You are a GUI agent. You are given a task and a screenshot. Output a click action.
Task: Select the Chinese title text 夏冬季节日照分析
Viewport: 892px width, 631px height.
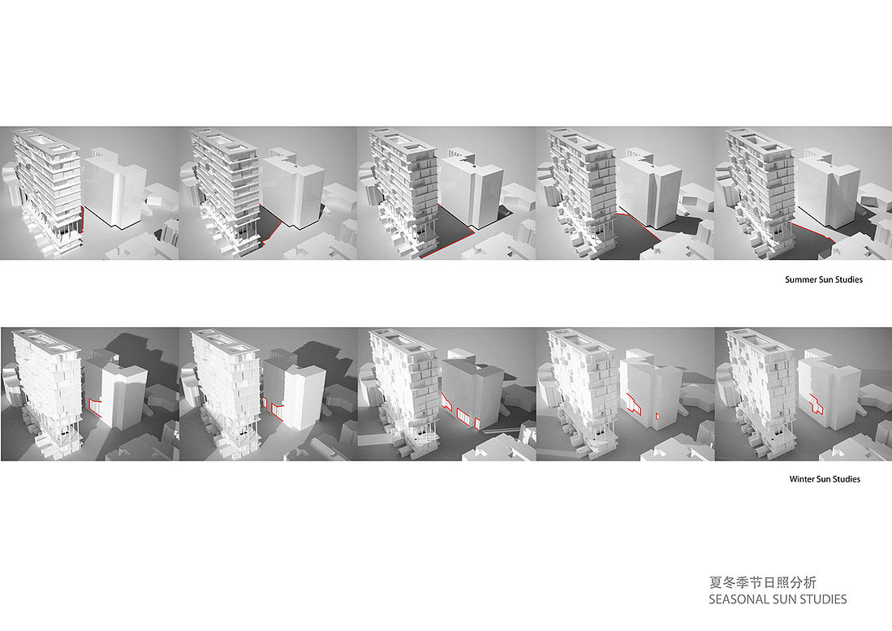(762, 582)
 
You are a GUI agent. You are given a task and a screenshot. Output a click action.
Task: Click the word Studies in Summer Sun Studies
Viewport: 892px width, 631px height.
(849, 280)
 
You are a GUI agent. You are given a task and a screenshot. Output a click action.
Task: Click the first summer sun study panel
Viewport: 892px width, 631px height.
(89, 193)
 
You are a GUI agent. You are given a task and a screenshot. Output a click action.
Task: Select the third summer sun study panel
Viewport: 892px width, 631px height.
(446, 193)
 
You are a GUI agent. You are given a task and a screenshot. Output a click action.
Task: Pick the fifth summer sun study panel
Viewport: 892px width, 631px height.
(803, 193)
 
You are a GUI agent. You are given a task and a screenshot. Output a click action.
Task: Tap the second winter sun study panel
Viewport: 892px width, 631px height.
(269, 394)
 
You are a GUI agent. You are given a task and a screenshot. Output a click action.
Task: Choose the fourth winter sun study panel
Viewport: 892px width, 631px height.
(625, 394)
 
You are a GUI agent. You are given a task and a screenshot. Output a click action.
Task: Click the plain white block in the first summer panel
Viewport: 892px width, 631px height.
(114, 188)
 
